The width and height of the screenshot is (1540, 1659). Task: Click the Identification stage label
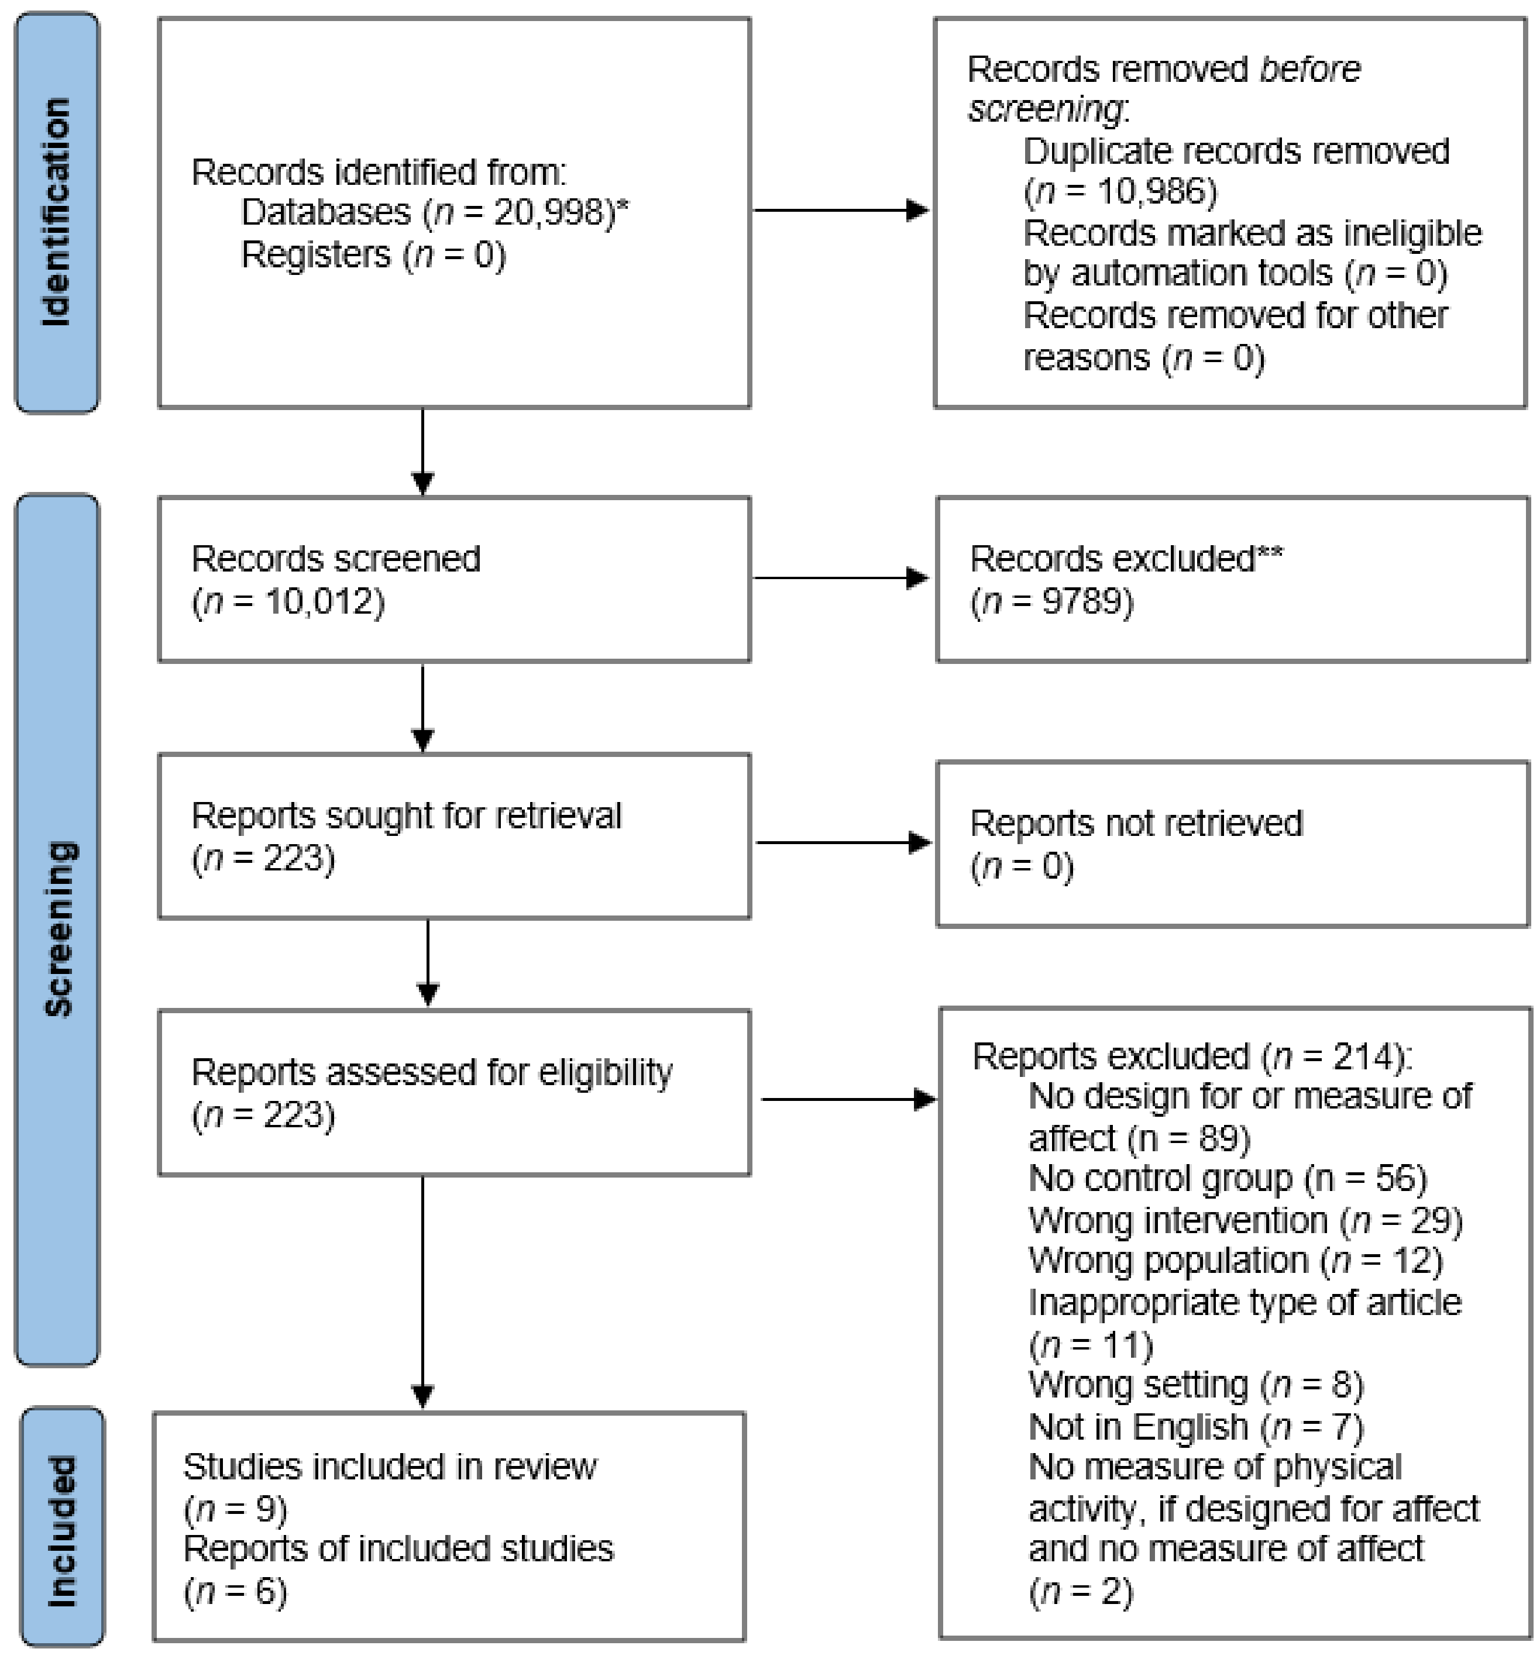(x=57, y=212)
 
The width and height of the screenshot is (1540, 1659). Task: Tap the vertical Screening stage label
(x=59, y=929)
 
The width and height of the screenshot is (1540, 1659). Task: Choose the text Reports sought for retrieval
(x=406, y=815)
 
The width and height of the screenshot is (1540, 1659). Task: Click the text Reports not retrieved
(x=1136, y=823)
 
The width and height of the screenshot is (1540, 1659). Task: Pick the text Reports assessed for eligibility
(x=432, y=1072)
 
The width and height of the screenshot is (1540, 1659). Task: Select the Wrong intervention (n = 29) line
(x=1245, y=1221)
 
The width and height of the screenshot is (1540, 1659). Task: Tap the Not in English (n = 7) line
(x=1195, y=1427)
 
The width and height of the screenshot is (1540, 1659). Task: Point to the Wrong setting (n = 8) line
(x=1195, y=1385)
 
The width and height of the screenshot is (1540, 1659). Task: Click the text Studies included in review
(x=389, y=1467)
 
